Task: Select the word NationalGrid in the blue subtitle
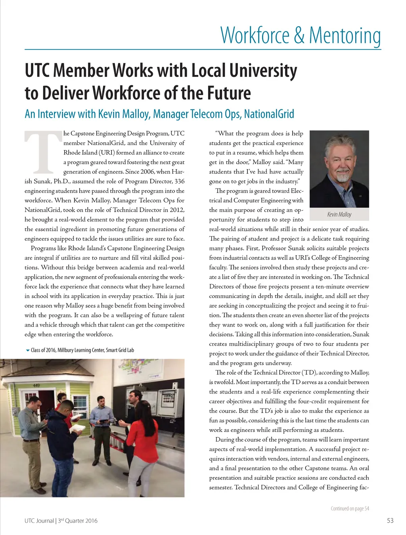pyautogui.click(x=269, y=114)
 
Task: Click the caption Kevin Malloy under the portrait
pyautogui.click(x=339, y=214)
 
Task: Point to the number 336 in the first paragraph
pyautogui.click(x=179, y=181)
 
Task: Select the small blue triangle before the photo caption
pyautogui.click(x=27, y=350)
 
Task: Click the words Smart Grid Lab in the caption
pyautogui.click(x=120, y=350)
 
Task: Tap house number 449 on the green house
pyautogui.click(x=36, y=385)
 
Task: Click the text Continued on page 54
pyautogui.click(x=350, y=508)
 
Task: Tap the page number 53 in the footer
pyautogui.click(x=390, y=520)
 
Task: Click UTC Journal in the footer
pyautogui.click(x=39, y=520)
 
